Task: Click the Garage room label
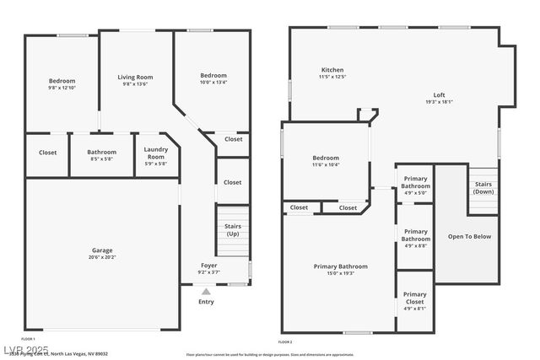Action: click(102, 250)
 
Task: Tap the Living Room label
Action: click(135, 78)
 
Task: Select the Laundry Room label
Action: click(156, 153)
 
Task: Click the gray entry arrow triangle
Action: click(206, 291)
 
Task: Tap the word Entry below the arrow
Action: click(206, 302)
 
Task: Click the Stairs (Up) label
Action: click(232, 230)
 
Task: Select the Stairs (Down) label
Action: click(483, 187)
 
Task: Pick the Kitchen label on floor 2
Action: click(332, 70)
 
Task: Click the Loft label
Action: click(439, 94)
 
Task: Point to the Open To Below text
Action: click(469, 236)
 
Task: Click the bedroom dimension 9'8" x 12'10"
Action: click(62, 88)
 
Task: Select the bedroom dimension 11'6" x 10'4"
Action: click(326, 165)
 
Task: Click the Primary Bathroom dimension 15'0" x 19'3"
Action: click(340, 273)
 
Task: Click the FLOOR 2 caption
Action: click(285, 342)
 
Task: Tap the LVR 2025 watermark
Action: click(25, 349)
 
